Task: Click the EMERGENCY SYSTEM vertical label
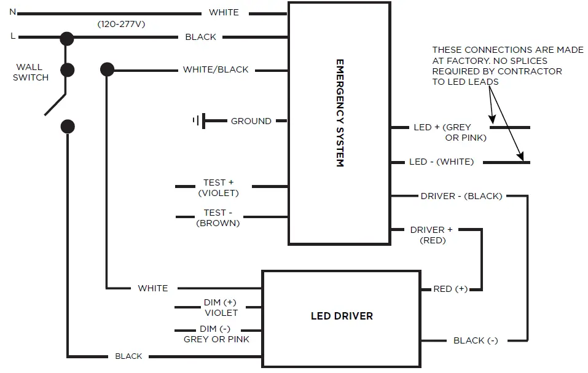tap(339, 113)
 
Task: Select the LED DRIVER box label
tap(341, 316)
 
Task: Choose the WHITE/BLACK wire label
tap(216, 69)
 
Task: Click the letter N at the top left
tap(13, 12)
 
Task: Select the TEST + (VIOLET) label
tap(218, 187)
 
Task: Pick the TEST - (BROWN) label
tap(218, 219)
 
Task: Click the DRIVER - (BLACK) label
tap(461, 196)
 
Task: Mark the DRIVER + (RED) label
tap(432, 235)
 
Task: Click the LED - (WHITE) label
tap(441, 162)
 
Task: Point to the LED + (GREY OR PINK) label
tap(450, 132)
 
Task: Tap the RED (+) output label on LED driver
tap(451, 289)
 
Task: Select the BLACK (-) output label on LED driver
tap(476, 340)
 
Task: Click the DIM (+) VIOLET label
tap(220, 308)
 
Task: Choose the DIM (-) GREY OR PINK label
tap(217, 334)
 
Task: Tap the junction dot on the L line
tap(66, 38)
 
